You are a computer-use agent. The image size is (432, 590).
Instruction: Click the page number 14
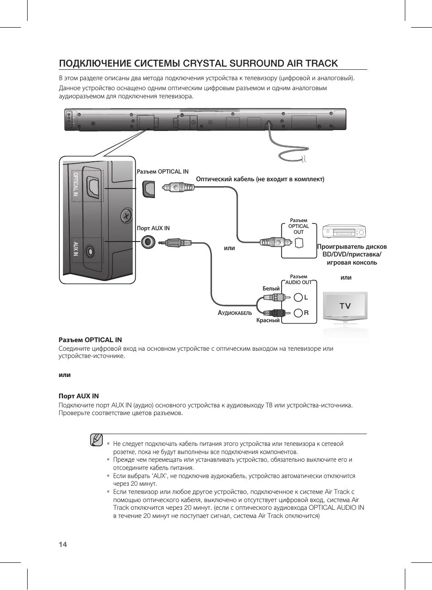63,544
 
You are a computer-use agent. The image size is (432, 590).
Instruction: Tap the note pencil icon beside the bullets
96,440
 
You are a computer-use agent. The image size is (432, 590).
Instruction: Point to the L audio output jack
298,297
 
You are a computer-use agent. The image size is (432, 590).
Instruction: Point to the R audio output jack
298,313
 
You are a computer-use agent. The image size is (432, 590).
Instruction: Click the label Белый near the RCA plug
271,289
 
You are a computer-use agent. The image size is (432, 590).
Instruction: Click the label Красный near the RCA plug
268,320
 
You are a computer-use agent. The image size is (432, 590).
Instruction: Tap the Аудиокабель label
235,313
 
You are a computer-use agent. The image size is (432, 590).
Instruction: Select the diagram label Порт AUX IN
153,228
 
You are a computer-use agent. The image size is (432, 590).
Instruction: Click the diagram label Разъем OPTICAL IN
163,172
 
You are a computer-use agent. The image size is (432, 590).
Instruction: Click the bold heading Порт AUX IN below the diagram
79,396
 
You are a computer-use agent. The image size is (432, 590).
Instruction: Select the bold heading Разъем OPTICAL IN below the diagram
90,340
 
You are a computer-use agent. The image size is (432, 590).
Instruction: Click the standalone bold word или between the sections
65,375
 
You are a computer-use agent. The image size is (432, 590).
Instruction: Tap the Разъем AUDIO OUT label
298,280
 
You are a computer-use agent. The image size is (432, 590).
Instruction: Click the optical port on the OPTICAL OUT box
298,243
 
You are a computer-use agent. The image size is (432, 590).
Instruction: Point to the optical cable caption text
260,179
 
